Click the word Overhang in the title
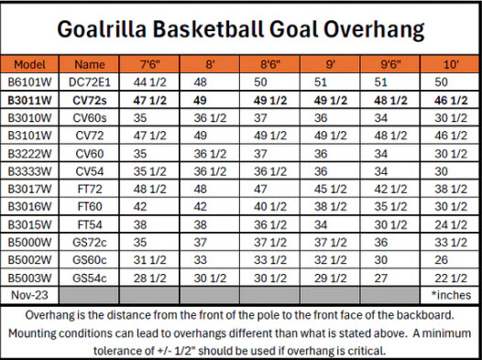point(374,30)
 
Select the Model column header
point(29,64)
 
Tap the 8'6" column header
point(270,64)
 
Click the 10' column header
point(451,64)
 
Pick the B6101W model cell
point(29,82)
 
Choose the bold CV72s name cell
point(89,101)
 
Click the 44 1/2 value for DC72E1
point(149,82)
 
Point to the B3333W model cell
point(29,171)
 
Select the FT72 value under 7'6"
point(149,189)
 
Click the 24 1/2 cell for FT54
point(451,224)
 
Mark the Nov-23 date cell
point(29,295)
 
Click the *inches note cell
point(451,295)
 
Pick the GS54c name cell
point(89,278)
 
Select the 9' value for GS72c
point(330,243)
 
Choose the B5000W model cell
point(29,243)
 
